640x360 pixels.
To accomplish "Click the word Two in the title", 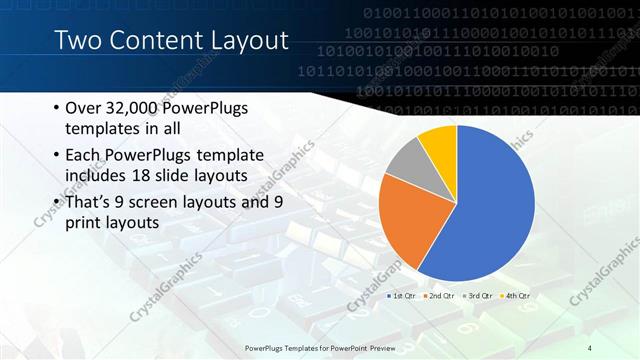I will [x=75, y=41].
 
